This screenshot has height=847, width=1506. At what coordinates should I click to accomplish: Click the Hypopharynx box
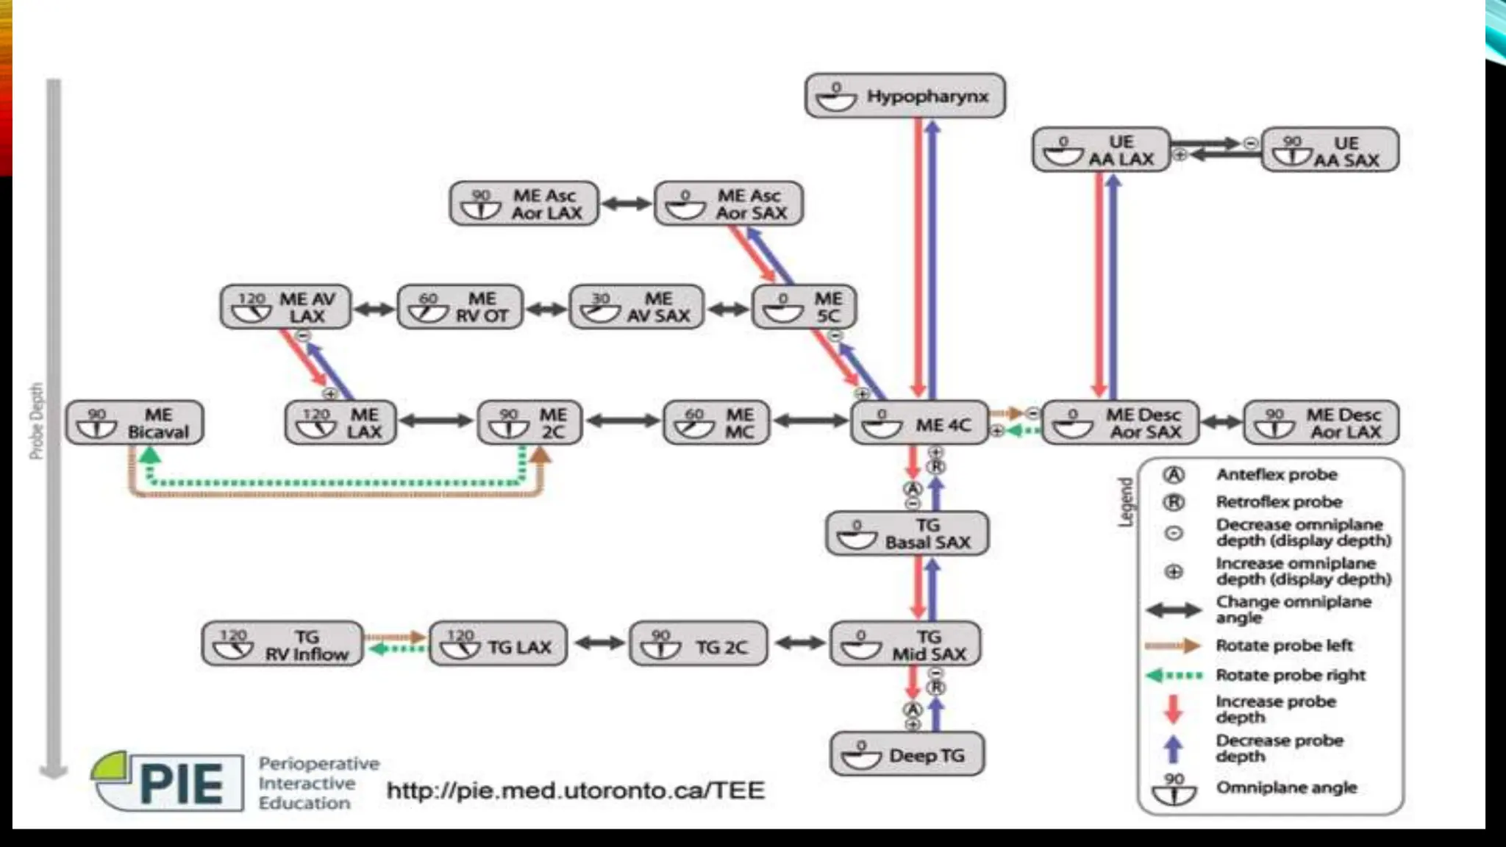904,96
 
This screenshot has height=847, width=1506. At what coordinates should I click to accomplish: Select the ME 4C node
919,423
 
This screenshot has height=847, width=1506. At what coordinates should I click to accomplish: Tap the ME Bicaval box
135,423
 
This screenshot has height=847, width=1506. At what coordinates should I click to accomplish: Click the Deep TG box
907,754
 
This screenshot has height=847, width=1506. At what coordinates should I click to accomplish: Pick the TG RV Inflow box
282,645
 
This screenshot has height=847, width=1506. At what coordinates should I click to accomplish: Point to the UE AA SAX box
1330,150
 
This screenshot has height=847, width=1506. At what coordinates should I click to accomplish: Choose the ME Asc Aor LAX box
524,204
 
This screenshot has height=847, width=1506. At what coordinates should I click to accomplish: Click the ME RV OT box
460,307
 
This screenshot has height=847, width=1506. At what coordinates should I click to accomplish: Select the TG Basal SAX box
907,534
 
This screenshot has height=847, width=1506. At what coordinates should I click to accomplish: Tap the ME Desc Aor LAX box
1321,423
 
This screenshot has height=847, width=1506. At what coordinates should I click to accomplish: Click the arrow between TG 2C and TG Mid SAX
800,643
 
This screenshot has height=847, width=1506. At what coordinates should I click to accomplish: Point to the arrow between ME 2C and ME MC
623,421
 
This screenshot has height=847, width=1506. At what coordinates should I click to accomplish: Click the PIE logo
169,781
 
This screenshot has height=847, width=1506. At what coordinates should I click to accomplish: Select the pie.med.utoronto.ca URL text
576,790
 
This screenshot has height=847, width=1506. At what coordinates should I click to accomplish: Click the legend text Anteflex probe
1277,475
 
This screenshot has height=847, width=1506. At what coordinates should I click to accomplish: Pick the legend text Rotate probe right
1291,675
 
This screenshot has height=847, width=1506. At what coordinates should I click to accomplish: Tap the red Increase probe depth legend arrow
1174,709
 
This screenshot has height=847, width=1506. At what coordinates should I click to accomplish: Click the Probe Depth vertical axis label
36,421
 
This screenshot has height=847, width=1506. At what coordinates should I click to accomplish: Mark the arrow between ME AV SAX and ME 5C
728,309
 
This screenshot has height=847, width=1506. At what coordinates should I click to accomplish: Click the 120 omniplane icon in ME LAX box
316,423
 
